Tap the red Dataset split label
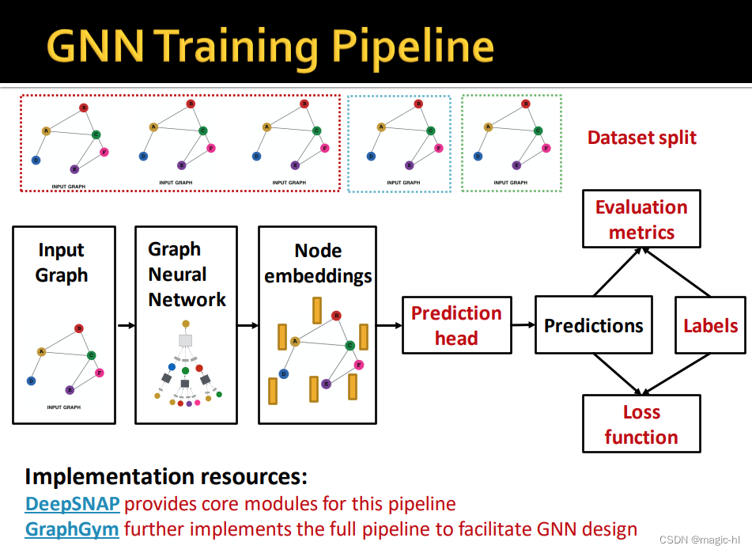641,138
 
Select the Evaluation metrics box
641,219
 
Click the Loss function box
641,424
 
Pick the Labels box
709,325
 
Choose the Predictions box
593,325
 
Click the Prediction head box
456,325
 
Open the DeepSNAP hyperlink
72,504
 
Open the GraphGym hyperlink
72,528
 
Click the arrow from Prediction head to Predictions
523,325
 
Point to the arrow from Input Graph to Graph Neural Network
125,325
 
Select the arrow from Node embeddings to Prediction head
389,325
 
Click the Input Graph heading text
62,263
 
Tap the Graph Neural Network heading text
187,275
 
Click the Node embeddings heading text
318,263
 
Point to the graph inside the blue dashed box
399,142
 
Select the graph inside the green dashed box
512,142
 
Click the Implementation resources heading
166,477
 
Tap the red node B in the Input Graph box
78,328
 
